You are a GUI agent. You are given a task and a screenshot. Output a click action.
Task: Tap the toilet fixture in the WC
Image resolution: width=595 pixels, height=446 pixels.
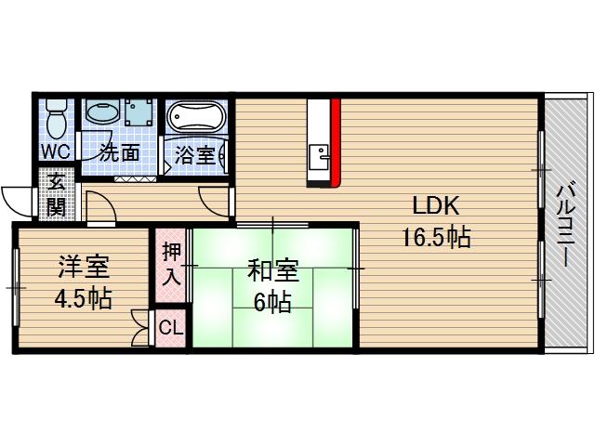(55, 117)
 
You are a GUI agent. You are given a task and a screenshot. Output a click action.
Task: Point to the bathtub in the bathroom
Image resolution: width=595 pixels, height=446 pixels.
(195, 118)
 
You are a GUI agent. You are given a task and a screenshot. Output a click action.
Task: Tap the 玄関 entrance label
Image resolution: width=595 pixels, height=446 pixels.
(57, 193)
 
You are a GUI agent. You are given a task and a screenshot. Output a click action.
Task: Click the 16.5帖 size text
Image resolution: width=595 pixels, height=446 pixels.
(436, 238)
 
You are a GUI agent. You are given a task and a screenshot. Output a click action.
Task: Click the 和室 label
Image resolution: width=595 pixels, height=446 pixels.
(272, 270)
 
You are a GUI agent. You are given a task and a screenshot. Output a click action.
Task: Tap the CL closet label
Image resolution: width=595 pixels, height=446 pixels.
(171, 327)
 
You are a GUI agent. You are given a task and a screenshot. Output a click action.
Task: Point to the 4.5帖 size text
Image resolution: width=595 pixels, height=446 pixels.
(84, 299)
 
